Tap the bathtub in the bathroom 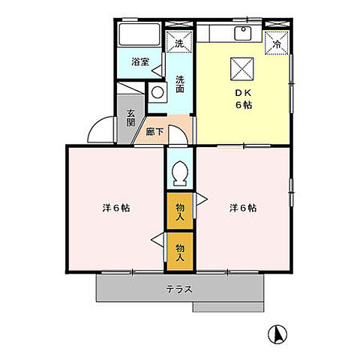(x=139, y=36)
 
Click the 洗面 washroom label (x=180, y=84)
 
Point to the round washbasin (x=158, y=92)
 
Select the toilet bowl (x=179, y=175)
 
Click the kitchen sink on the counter (x=244, y=32)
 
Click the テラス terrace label (x=180, y=289)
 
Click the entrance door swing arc (x=101, y=130)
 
